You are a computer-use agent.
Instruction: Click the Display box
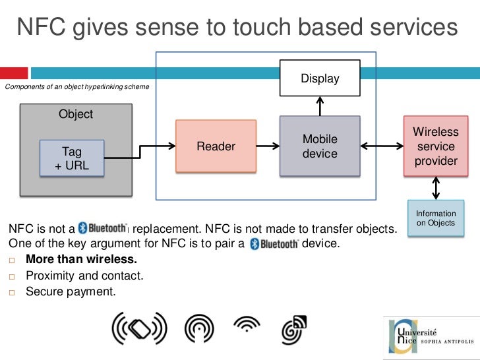(320, 78)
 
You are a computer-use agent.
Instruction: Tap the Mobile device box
(320, 146)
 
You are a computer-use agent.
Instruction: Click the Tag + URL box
(72, 159)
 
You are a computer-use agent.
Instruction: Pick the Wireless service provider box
(435, 146)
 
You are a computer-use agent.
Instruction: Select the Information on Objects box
(435, 218)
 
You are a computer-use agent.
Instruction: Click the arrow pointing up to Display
(320, 105)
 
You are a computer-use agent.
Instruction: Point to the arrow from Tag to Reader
(140, 152)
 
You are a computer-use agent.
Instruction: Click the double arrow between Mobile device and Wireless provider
(382, 146)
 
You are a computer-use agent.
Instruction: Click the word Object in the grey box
(76, 114)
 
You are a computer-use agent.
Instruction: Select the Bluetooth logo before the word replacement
(103, 228)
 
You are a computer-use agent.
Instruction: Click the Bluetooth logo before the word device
(274, 243)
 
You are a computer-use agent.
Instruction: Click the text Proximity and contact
(84, 276)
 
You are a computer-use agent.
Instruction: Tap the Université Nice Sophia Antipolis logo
(429, 336)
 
